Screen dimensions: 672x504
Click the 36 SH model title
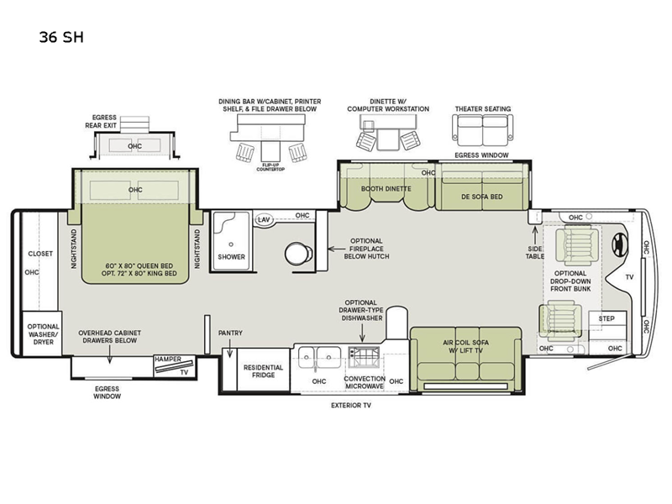tap(61, 37)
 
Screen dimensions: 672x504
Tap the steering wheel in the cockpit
tap(620, 244)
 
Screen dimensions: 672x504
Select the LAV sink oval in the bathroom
tap(264, 220)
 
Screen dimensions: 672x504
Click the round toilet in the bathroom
tap(298, 254)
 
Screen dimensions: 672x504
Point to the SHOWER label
tap(232, 257)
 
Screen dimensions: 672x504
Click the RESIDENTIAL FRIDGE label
tap(263, 371)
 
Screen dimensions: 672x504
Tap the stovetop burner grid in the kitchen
tap(364, 358)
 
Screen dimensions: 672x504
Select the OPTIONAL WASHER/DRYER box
tap(42, 333)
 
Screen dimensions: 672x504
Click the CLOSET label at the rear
tap(40, 254)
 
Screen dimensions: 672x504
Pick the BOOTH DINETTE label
tap(386, 188)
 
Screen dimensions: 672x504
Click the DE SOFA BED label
tap(481, 197)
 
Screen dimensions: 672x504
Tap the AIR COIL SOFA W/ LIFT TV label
tap(466, 346)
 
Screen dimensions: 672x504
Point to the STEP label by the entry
tap(606, 318)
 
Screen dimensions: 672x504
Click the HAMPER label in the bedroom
tap(168, 360)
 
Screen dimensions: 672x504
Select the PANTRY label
tap(230, 333)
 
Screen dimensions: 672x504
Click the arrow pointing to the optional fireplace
tap(337, 249)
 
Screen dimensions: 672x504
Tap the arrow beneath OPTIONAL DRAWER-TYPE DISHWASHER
tap(363, 333)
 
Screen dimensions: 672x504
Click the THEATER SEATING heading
tap(483, 109)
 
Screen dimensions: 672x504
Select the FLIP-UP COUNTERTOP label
tap(270, 167)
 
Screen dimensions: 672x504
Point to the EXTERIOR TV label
tap(351, 405)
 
